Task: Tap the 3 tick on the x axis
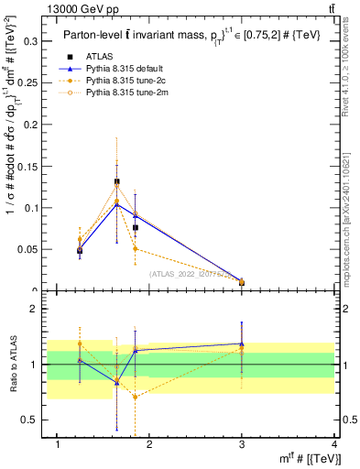tap(242, 444)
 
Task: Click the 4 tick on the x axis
tap(334, 444)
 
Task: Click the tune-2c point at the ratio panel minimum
tap(135, 397)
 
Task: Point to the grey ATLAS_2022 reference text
tap(187, 273)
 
